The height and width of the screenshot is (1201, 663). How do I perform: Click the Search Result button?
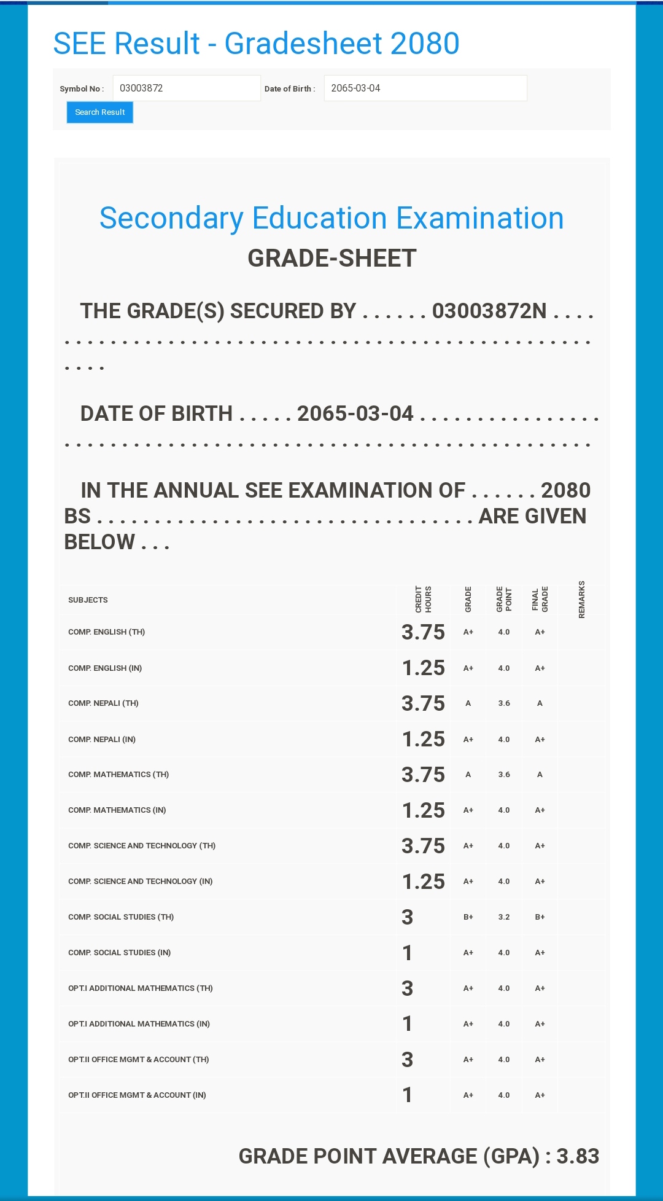(x=99, y=112)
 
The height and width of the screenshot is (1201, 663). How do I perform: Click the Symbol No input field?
(x=186, y=88)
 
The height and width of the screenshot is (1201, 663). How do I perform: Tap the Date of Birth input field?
(x=425, y=88)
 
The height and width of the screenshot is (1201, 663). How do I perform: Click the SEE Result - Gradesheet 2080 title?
(x=256, y=44)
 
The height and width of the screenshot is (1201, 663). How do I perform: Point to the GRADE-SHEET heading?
(x=331, y=259)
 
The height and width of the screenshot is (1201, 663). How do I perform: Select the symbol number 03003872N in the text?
(x=489, y=311)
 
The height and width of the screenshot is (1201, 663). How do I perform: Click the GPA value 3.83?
(x=577, y=1156)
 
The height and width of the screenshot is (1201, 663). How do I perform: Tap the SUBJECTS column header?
(x=88, y=600)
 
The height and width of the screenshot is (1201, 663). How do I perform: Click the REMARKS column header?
(x=581, y=599)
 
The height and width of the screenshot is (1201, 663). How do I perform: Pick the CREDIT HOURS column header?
(x=423, y=599)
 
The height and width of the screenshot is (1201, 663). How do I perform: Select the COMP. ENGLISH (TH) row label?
(x=106, y=632)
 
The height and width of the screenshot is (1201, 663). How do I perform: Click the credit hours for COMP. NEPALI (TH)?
(x=423, y=703)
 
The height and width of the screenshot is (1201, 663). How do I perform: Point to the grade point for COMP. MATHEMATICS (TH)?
(x=503, y=775)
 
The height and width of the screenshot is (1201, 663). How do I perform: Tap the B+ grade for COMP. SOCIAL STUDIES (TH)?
(x=468, y=917)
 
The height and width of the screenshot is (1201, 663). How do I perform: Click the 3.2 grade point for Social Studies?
(x=503, y=917)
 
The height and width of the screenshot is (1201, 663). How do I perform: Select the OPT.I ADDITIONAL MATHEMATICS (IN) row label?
(x=139, y=1024)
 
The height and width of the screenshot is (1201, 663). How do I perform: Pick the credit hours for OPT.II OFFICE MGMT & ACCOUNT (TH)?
(x=407, y=1060)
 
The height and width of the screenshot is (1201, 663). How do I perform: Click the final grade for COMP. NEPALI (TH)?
(x=540, y=703)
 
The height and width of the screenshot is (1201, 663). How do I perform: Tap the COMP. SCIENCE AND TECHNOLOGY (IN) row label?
(x=140, y=882)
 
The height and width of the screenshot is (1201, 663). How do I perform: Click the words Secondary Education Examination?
(x=331, y=218)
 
